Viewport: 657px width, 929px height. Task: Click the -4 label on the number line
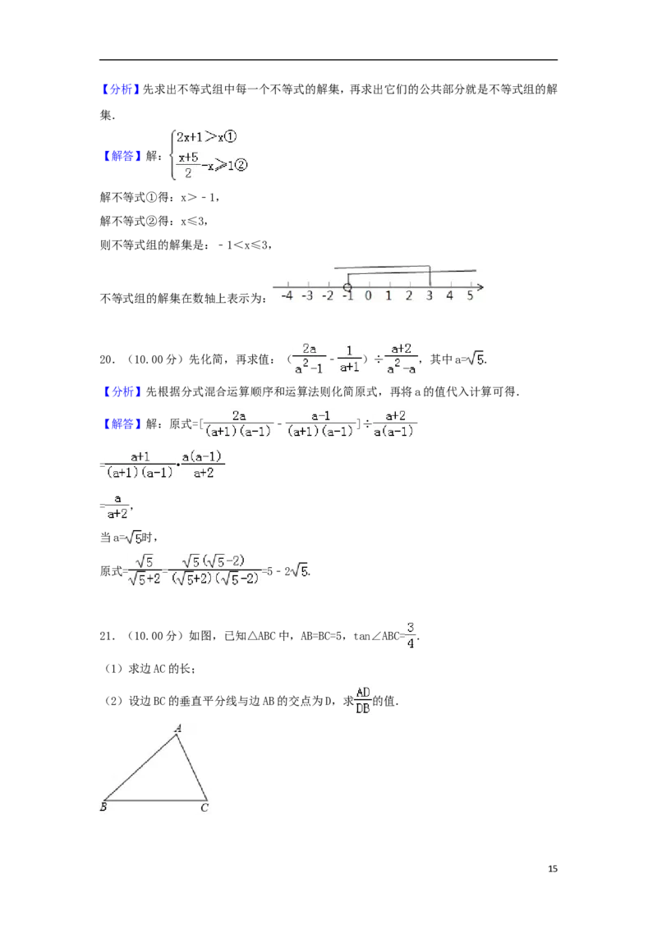[x=287, y=295]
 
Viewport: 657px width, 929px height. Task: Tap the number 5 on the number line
[x=470, y=295]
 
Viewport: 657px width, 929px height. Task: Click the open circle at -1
[x=347, y=287]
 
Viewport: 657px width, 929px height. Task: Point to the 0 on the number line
[x=368, y=295]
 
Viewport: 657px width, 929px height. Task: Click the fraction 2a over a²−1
[x=310, y=358]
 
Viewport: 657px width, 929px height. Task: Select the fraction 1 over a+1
[x=351, y=359]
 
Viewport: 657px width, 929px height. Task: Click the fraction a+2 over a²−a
[x=401, y=359]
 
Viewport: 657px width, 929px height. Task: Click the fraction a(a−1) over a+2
[x=204, y=463]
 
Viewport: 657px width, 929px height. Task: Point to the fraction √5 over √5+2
[x=144, y=571]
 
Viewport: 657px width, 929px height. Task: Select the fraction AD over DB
[x=362, y=698]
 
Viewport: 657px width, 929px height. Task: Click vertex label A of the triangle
[x=177, y=728]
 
